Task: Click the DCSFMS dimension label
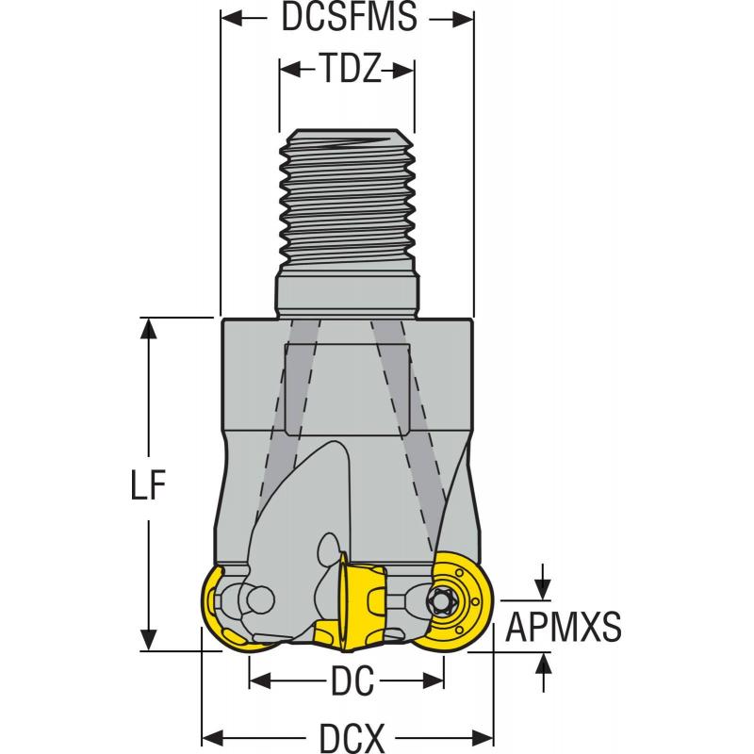[349, 20]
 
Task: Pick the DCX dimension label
[349, 736]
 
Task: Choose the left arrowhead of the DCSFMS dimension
[227, 20]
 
